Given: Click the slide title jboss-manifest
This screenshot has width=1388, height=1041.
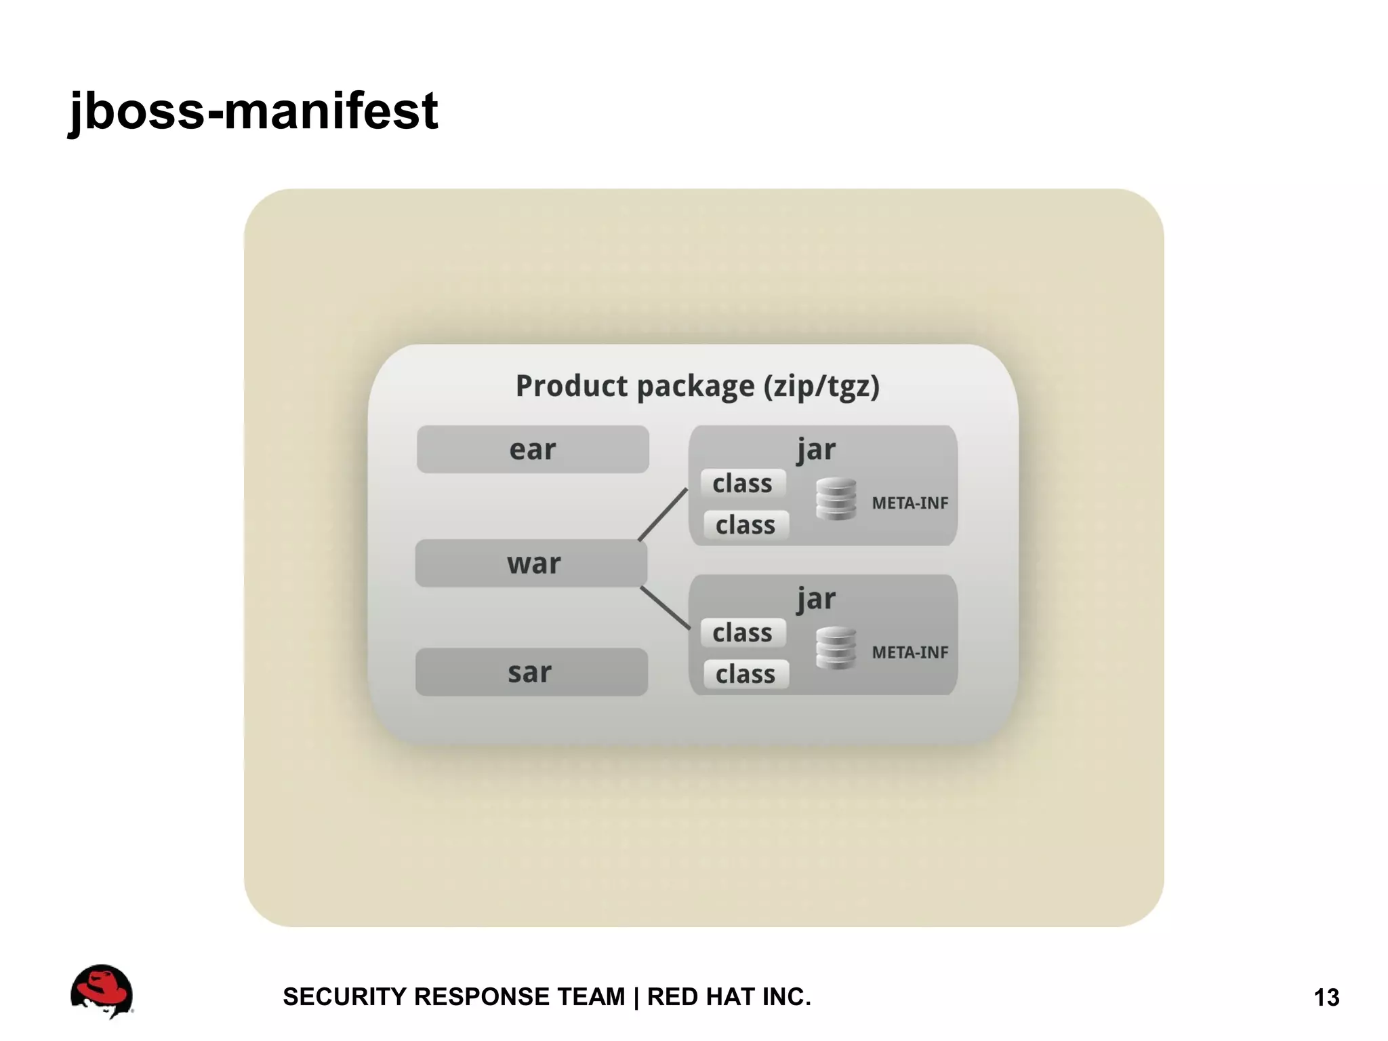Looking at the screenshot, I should coord(253,111).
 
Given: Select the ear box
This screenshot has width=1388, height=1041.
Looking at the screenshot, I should coord(533,449).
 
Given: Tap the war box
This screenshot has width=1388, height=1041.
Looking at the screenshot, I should coord(532,563).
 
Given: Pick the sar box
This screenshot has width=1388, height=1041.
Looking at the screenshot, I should coord(531,672).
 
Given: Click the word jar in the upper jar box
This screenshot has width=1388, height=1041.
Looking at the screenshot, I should coord(816,449).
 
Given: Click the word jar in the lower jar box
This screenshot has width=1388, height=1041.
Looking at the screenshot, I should coord(816,598).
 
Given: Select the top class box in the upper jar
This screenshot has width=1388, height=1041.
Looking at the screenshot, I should coord(743,484).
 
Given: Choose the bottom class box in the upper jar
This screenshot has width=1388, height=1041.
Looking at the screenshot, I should coord(746,525).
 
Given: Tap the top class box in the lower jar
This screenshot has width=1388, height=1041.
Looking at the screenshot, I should coord(743,633).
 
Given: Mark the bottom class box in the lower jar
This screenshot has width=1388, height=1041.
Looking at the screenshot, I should coord(746,674).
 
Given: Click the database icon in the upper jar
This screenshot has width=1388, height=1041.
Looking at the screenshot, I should coord(836,499).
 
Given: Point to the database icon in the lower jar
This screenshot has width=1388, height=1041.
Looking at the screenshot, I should coord(836,648).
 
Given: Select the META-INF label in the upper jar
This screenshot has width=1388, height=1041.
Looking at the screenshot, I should coord(910,503).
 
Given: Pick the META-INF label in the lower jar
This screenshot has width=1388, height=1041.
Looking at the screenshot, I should coord(910,652).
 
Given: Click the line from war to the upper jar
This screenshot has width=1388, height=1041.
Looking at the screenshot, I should coord(664,514).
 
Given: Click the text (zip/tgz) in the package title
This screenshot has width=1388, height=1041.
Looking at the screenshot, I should coord(821,387).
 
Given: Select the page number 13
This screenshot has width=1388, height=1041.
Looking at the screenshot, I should coord(1326,998).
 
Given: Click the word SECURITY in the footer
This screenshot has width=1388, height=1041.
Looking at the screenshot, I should coord(344,997).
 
